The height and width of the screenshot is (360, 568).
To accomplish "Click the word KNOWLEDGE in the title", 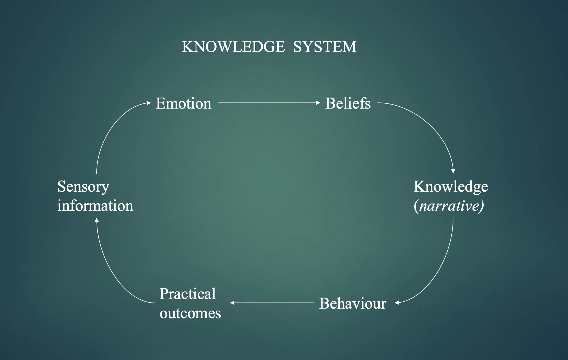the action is click(233, 47).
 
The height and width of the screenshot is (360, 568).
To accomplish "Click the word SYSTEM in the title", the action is click(325, 47).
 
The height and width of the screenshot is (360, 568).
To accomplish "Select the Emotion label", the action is click(183, 103).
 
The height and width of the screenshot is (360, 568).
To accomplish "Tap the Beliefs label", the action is click(348, 103).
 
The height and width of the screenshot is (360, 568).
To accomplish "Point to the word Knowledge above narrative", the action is click(451, 186).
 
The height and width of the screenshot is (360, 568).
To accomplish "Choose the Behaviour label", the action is click(352, 303).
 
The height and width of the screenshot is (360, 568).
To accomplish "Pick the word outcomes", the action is click(190, 313).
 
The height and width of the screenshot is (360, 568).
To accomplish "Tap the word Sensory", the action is click(83, 186).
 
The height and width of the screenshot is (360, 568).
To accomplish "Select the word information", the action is click(95, 206).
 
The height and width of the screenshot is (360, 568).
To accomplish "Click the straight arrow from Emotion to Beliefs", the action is click(268, 103).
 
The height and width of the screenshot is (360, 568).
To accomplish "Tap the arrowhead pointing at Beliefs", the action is click(318, 103).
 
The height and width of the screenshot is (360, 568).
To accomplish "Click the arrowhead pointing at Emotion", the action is click(149, 103).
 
